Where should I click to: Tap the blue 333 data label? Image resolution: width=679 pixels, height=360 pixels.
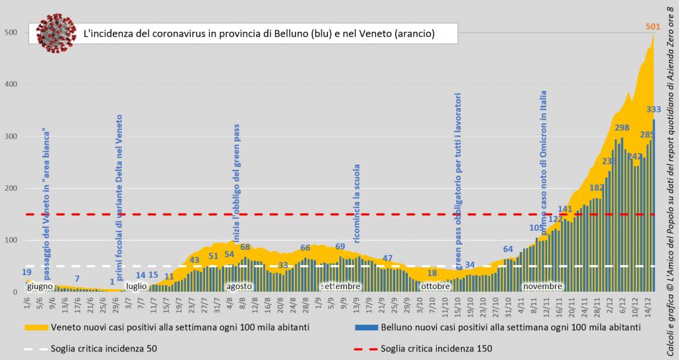click(653, 109)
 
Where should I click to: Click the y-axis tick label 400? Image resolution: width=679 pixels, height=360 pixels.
click(11, 84)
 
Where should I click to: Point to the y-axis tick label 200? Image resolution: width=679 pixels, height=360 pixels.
click(11, 188)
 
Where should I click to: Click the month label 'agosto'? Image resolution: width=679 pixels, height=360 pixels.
click(239, 286)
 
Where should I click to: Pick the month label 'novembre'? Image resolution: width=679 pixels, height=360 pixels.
click(542, 286)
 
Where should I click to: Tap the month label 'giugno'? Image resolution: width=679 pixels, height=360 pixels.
click(40, 286)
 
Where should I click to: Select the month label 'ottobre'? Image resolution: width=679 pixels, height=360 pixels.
click(435, 286)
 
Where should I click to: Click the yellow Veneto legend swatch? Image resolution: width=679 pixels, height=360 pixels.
click(36, 328)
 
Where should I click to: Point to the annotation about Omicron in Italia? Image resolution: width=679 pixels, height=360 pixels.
click(544, 159)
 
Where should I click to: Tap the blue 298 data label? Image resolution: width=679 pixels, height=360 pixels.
click(622, 127)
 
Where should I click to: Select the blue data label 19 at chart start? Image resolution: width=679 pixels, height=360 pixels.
click(27, 272)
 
